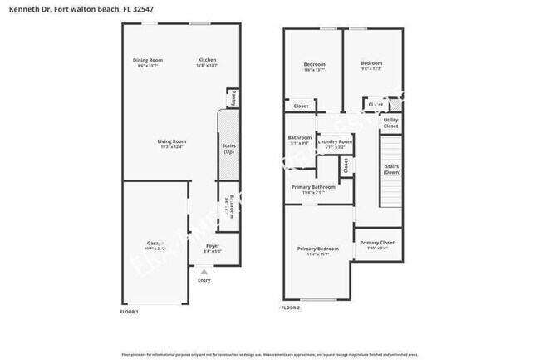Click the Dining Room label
click(x=149, y=60)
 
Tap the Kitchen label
click(x=207, y=60)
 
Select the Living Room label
click(x=172, y=141)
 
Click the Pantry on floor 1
click(x=233, y=98)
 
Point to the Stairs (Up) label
click(x=229, y=150)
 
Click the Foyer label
click(x=213, y=246)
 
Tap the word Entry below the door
click(x=204, y=280)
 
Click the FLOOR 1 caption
click(x=130, y=312)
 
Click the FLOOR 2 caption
click(x=291, y=308)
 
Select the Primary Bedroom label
click(x=318, y=249)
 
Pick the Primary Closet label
click(x=377, y=243)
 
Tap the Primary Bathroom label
click(x=313, y=187)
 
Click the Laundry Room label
click(x=335, y=142)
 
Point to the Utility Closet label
click(x=390, y=123)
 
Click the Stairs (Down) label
click(x=392, y=169)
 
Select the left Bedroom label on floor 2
click(x=314, y=64)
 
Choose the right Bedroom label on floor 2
click(x=371, y=63)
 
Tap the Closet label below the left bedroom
click(x=301, y=106)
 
